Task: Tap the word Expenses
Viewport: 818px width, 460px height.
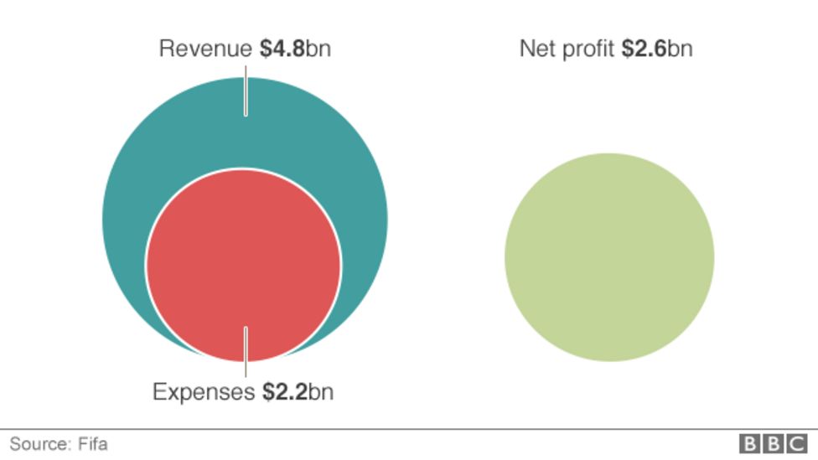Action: tap(203, 391)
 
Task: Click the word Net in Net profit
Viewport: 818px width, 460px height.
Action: tap(537, 49)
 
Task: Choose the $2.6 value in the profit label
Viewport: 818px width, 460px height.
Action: tap(644, 49)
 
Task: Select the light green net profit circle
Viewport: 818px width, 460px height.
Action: tap(609, 257)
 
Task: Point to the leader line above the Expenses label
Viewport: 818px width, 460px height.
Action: tap(246, 352)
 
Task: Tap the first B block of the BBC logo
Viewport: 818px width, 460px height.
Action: tap(748, 443)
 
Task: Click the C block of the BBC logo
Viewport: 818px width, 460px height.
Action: tap(795, 443)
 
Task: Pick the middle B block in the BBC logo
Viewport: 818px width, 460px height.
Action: tap(772, 443)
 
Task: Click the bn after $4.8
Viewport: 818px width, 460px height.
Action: tap(318, 49)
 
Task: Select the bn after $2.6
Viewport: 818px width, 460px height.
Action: tap(680, 49)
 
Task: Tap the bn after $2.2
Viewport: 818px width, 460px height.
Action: tap(320, 391)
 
